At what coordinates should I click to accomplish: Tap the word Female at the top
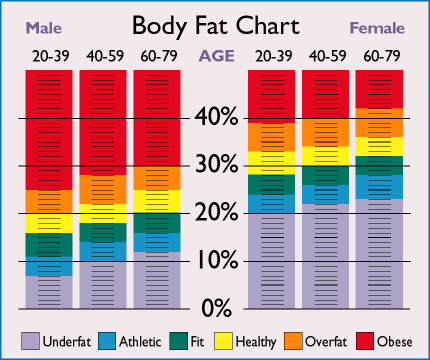click(379, 27)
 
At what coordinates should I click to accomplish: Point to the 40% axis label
click(216, 118)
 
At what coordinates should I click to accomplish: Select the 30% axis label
click(216, 165)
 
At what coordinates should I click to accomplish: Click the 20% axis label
click(216, 212)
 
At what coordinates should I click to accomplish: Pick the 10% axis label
click(216, 260)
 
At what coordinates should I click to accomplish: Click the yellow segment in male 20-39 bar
click(48, 223)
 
